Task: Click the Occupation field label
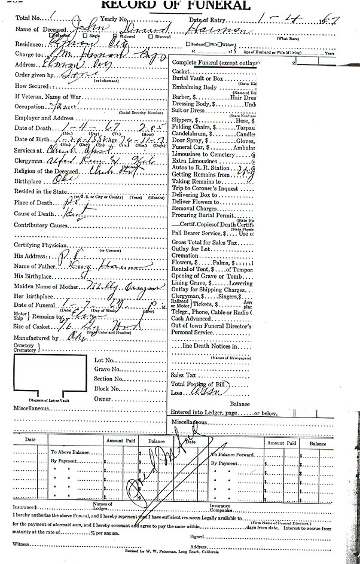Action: [30, 108]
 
